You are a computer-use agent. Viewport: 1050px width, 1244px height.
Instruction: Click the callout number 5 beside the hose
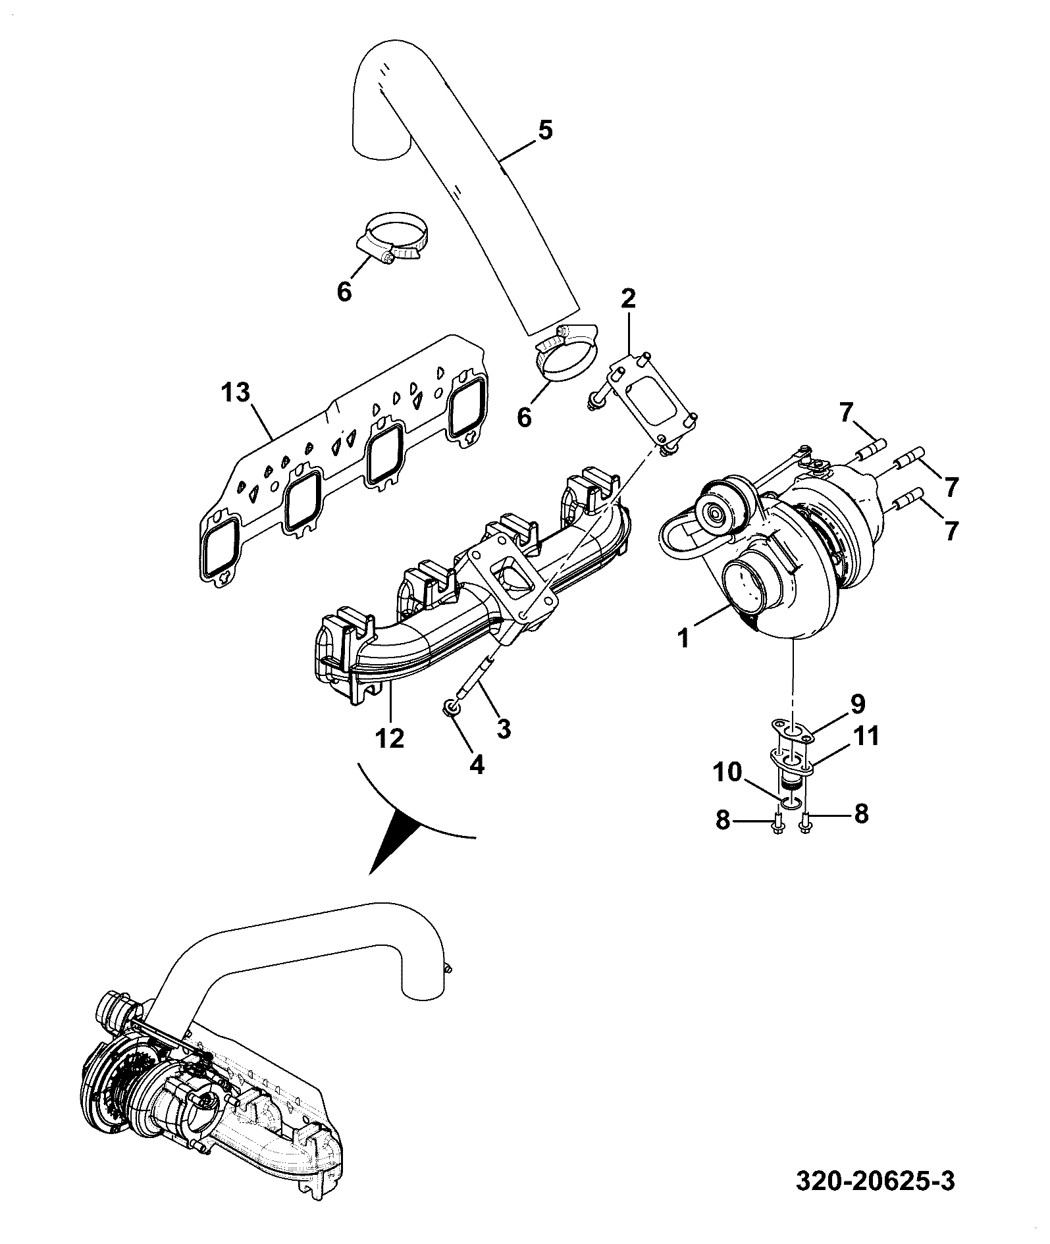(x=545, y=130)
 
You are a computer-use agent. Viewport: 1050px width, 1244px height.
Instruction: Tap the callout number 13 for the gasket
(x=236, y=393)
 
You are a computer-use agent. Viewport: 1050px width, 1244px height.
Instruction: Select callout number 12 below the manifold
(x=390, y=738)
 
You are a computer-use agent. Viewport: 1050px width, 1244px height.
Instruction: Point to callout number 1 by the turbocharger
(x=683, y=636)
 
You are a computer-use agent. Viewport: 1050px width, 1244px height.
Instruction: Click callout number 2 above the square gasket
(x=628, y=299)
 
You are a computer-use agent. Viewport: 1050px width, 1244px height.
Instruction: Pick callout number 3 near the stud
(x=504, y=728)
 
